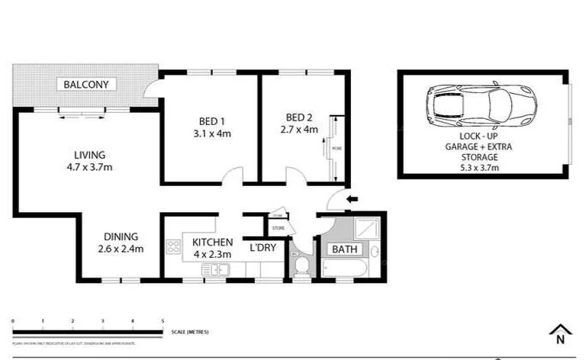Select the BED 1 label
204,120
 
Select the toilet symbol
301,266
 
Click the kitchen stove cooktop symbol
172,246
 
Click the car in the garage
482,106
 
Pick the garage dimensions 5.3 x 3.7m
483,169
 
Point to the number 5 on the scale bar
163,321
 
